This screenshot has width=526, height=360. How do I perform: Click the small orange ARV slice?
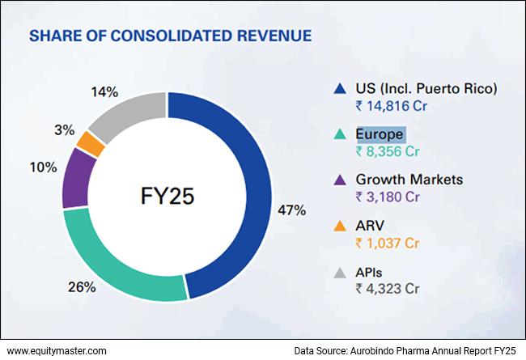[90, 143]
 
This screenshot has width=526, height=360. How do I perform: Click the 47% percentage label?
[292, 210]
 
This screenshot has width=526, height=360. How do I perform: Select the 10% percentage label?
[44, 167]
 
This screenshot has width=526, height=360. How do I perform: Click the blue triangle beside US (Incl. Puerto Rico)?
[341, 87]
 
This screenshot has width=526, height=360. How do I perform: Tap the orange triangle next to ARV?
[341, 226]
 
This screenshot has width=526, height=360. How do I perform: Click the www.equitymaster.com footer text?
[56, 350]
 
